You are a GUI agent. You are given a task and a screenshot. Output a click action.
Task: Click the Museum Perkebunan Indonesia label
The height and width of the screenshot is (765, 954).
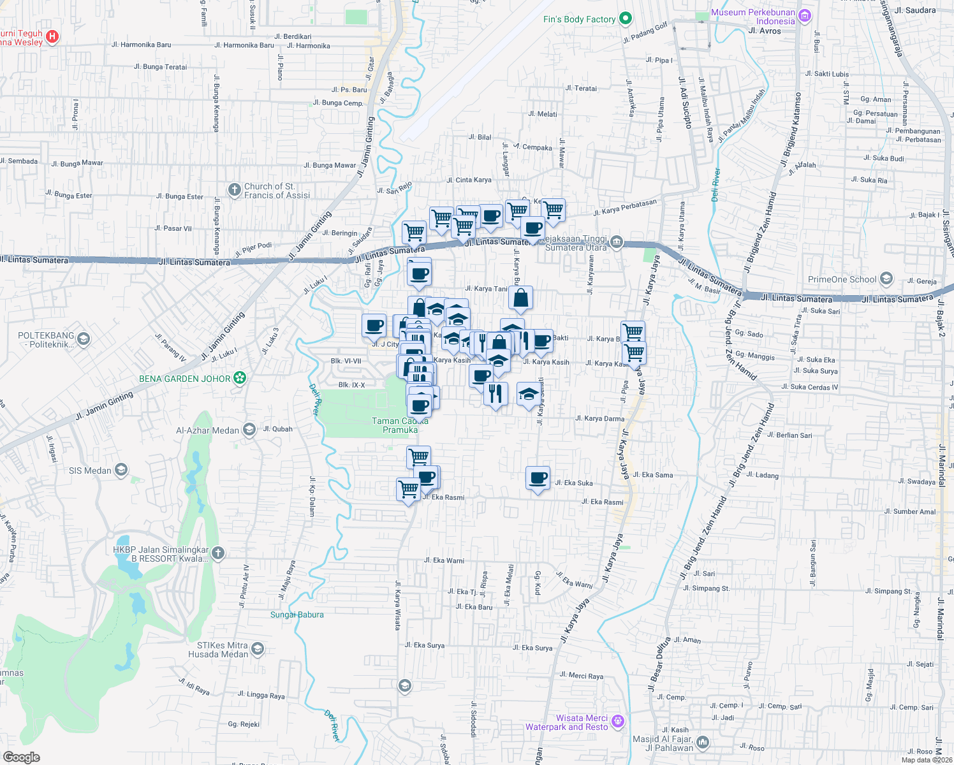[x=752, y=17]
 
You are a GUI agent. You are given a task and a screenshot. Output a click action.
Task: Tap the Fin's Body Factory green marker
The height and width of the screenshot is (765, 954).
[x=626, y=18]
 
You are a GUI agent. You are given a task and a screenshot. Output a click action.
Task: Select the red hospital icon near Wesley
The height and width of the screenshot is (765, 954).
[x=53, y=37]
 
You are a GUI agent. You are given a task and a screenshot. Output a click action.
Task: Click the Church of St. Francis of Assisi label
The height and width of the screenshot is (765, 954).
[x=277, y=191]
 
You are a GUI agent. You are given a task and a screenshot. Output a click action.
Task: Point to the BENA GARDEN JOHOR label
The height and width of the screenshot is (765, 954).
[x=184, y=379]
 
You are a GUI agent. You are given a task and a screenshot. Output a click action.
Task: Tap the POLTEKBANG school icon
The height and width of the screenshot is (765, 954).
[x=84, y=339]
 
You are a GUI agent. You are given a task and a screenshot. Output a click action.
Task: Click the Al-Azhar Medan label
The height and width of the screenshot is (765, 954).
[x=207, y=430]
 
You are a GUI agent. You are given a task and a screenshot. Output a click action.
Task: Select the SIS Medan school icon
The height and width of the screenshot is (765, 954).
[x=121, y=470]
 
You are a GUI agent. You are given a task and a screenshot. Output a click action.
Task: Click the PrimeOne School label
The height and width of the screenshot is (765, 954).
[x=842, y=279]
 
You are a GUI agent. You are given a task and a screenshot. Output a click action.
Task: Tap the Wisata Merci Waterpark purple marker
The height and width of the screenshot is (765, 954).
[x=617, y=721]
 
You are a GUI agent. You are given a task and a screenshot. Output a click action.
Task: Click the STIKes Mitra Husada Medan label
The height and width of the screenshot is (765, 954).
[x=218, y=650]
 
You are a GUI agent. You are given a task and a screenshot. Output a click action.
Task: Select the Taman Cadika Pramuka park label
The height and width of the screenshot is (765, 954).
[x=400, y=425]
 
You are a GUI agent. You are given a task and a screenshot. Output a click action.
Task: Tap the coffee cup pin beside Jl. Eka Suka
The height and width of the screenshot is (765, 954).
[x=538, y=477]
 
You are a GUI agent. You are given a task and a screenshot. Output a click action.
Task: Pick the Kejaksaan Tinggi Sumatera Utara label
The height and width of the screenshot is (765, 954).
[x=576, y=243]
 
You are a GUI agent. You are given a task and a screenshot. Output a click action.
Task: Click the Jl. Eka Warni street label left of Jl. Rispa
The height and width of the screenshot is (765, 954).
[x=444, y=560]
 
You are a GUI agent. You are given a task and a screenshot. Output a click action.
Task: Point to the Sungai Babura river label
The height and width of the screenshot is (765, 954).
[x=297, y=615]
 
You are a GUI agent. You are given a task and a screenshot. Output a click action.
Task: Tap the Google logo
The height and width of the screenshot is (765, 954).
[x=22, y=757]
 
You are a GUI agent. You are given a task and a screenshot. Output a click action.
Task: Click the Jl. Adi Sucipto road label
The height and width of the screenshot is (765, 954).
[x=684, y=103]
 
